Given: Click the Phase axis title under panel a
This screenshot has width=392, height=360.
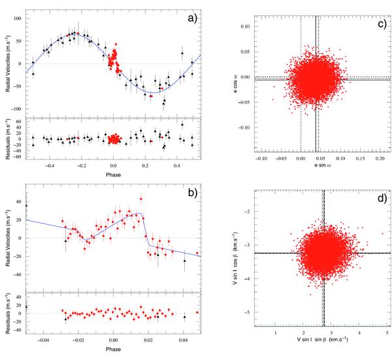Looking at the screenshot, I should click(113, 174).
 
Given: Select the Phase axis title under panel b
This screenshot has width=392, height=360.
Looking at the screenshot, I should click(113, 349).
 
